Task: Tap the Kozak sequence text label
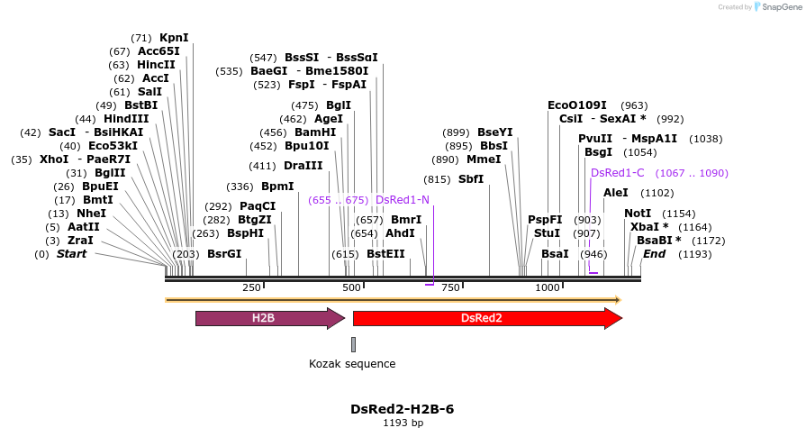(x=352, y=364)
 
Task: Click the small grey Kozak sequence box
(x=353, y=344)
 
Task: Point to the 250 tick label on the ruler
(x=251, y=287)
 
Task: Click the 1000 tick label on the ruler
(x=548, y=287)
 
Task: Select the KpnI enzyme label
(x=174, y=38)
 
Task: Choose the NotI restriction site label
(x=638, y=214)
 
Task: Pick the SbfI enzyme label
(x=471, y=179)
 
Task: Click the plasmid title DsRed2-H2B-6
(x=402, y=409)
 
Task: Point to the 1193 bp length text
(x=403, y=423)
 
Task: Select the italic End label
(x=654, y=254)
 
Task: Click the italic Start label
(x=72, y=254)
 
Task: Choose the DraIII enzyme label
(x=303, y=166)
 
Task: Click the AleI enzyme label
(x=616, y=193)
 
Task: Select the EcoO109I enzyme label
(x=577, y=105)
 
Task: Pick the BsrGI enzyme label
(x=224, y=254)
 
